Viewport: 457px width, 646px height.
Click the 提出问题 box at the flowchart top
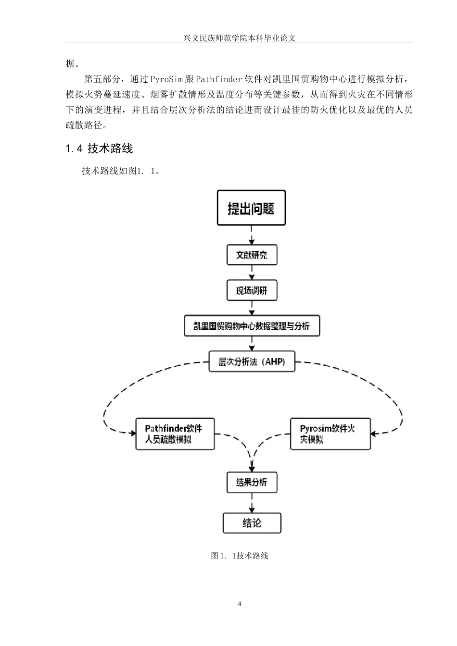(x=251, y=208)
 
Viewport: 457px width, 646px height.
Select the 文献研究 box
(x=252, y=255)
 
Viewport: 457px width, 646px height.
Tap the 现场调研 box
(x=252, y=290)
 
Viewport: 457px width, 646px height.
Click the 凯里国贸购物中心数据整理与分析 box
(x=252, y=326)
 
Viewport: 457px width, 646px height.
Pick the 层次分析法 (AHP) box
(x=252, y=361)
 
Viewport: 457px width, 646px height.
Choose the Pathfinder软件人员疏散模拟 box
(x=175, y=434)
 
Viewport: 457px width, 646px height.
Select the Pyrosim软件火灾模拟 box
(x=330, y=434)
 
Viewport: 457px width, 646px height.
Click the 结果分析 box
(x=252, y=482)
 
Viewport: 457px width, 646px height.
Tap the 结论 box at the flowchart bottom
(x=252, y=523)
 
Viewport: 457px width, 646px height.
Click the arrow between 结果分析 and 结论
(x=252, y=503)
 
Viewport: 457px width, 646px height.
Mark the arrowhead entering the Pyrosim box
(x=374, y=433)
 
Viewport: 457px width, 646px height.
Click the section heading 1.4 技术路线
(x=99, y=149)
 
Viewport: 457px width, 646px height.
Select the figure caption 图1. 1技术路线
(x=239, y=556)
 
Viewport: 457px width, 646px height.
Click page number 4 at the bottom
(x=239, y=604)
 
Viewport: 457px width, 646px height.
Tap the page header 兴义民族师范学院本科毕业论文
(x=239, y=37)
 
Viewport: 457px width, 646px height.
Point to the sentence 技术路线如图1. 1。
(x=121, y=171)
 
